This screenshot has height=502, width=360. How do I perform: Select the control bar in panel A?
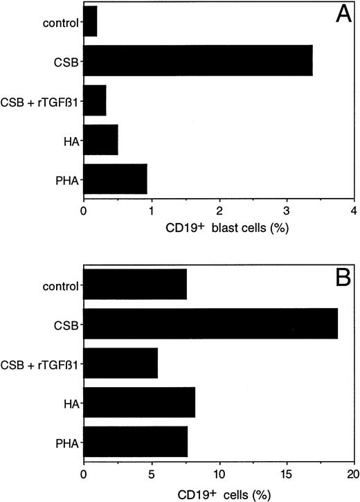point(90,21)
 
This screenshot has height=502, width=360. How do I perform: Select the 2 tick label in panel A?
point(219,213)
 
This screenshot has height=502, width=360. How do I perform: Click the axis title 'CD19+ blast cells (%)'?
point(219,229)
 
